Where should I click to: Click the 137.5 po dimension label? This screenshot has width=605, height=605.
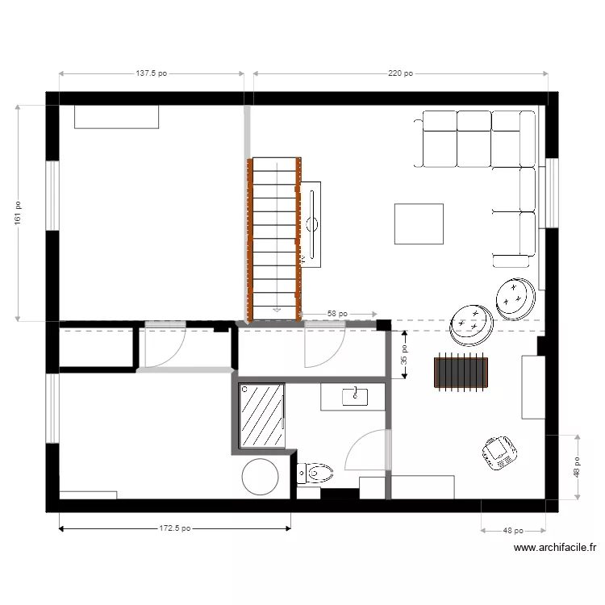click(x=151, y=73)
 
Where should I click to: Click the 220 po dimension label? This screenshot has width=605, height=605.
click(x=400, y=73)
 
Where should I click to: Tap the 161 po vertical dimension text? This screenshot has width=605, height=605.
click(x=17, y=212)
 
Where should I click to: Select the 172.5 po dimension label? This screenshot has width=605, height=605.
click(x=174, y=529)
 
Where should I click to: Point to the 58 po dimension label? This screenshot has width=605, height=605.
click(x=337, y=314)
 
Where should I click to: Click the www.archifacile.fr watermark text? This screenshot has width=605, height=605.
click(x=555, y=547)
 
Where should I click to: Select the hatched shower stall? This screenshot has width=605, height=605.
click(x=262, y=415)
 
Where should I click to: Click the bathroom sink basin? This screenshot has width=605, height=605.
click(x=355, y=396)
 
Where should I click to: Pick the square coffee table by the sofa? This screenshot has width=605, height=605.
click(x=419, y=223)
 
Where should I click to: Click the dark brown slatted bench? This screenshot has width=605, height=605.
click(x=462, y=373)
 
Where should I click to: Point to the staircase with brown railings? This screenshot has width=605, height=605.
click(x=275, y=238)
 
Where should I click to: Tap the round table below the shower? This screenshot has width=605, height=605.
click(x=261, y=477)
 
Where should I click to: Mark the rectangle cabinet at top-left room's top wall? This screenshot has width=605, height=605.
click(x=116, y=116)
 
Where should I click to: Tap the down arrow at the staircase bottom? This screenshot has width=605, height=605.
click(x=276, y=307)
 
